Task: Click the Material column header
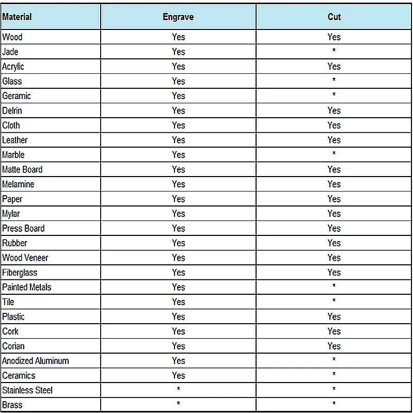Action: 17,17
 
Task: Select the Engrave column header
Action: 178,17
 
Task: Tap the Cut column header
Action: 334,17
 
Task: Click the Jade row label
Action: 10,52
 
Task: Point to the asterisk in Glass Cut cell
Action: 334,81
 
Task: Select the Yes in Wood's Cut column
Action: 334,37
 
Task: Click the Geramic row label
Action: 17,96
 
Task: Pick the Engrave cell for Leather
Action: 178,140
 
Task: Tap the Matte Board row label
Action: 22,169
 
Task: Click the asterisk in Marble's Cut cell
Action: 334,154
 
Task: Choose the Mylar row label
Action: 11,214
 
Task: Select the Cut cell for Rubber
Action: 334,243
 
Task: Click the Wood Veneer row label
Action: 25,258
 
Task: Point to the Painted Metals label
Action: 27,287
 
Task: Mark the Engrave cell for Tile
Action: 178,302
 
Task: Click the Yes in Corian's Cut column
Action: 334,346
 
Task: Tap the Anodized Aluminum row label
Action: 36,361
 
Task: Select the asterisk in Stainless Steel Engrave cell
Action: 178,389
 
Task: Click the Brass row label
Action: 12,405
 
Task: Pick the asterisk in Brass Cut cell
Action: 334,404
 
